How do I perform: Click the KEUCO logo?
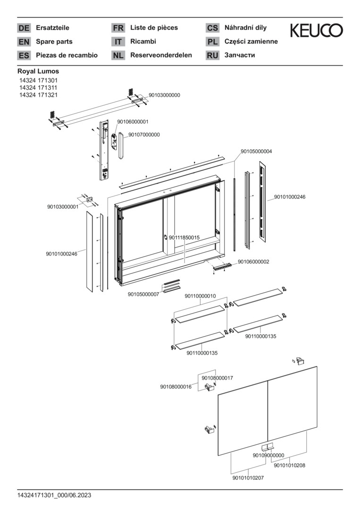click(316, 31)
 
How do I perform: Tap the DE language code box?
click(24, 28)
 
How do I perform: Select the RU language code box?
click(212, 55)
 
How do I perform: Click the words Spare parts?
click(54, 42)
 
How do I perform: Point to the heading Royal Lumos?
click(38, 71)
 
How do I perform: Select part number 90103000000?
click(164, 95)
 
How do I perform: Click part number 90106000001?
click(133, 121)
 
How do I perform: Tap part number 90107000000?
click(144, 135)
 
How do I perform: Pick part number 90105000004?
click(256, 152)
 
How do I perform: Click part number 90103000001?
click(63, 207)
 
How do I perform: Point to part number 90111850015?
click(184, 238)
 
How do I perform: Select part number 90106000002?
click(253, 262)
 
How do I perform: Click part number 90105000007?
click(143, 294)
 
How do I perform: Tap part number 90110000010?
click(200, 296)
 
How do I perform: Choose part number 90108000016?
click(176, 387)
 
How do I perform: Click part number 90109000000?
click(268, 455)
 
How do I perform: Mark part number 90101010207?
click(248, 478)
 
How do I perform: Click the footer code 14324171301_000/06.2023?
click(54, 495)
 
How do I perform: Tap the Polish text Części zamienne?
click(251, 42)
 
